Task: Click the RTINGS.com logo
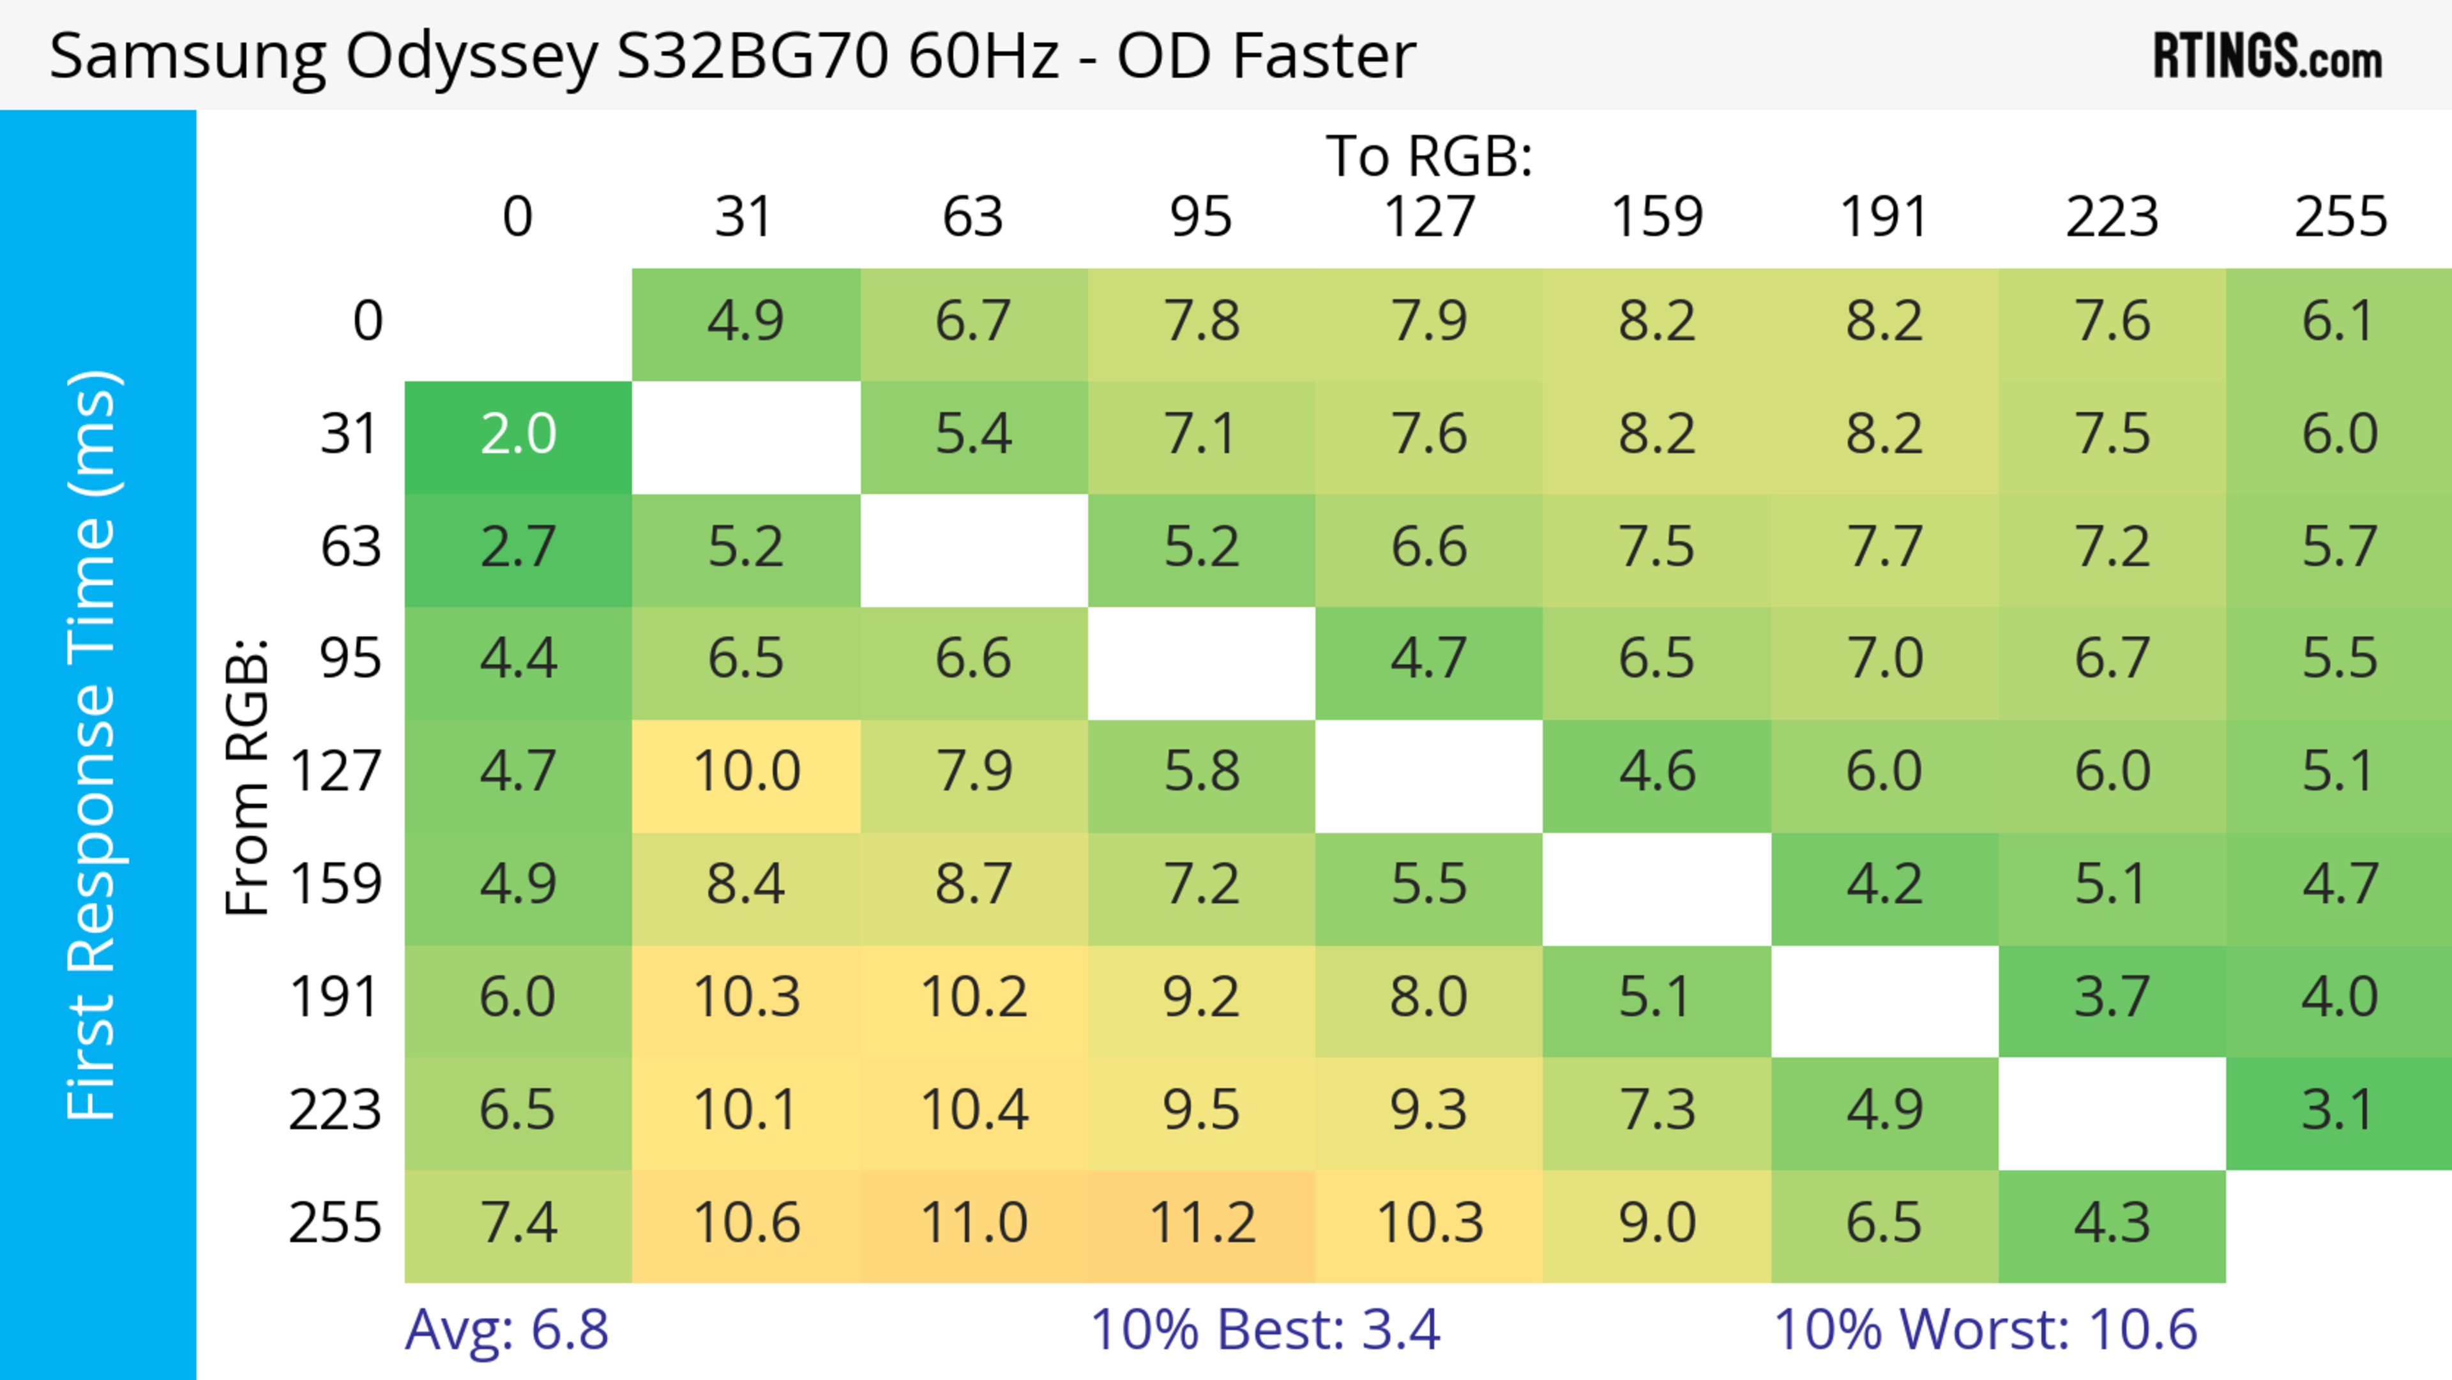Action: pos(2267,57)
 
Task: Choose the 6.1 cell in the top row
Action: pos(2339,322)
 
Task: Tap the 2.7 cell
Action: pos(518,548)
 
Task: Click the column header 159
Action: pos(1656,217)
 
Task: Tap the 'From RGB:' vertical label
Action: pos(248,777)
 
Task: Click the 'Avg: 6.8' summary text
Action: pos(506,1330)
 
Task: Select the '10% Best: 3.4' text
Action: pos(1265,1330)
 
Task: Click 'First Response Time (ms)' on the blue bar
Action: pos(93,744)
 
